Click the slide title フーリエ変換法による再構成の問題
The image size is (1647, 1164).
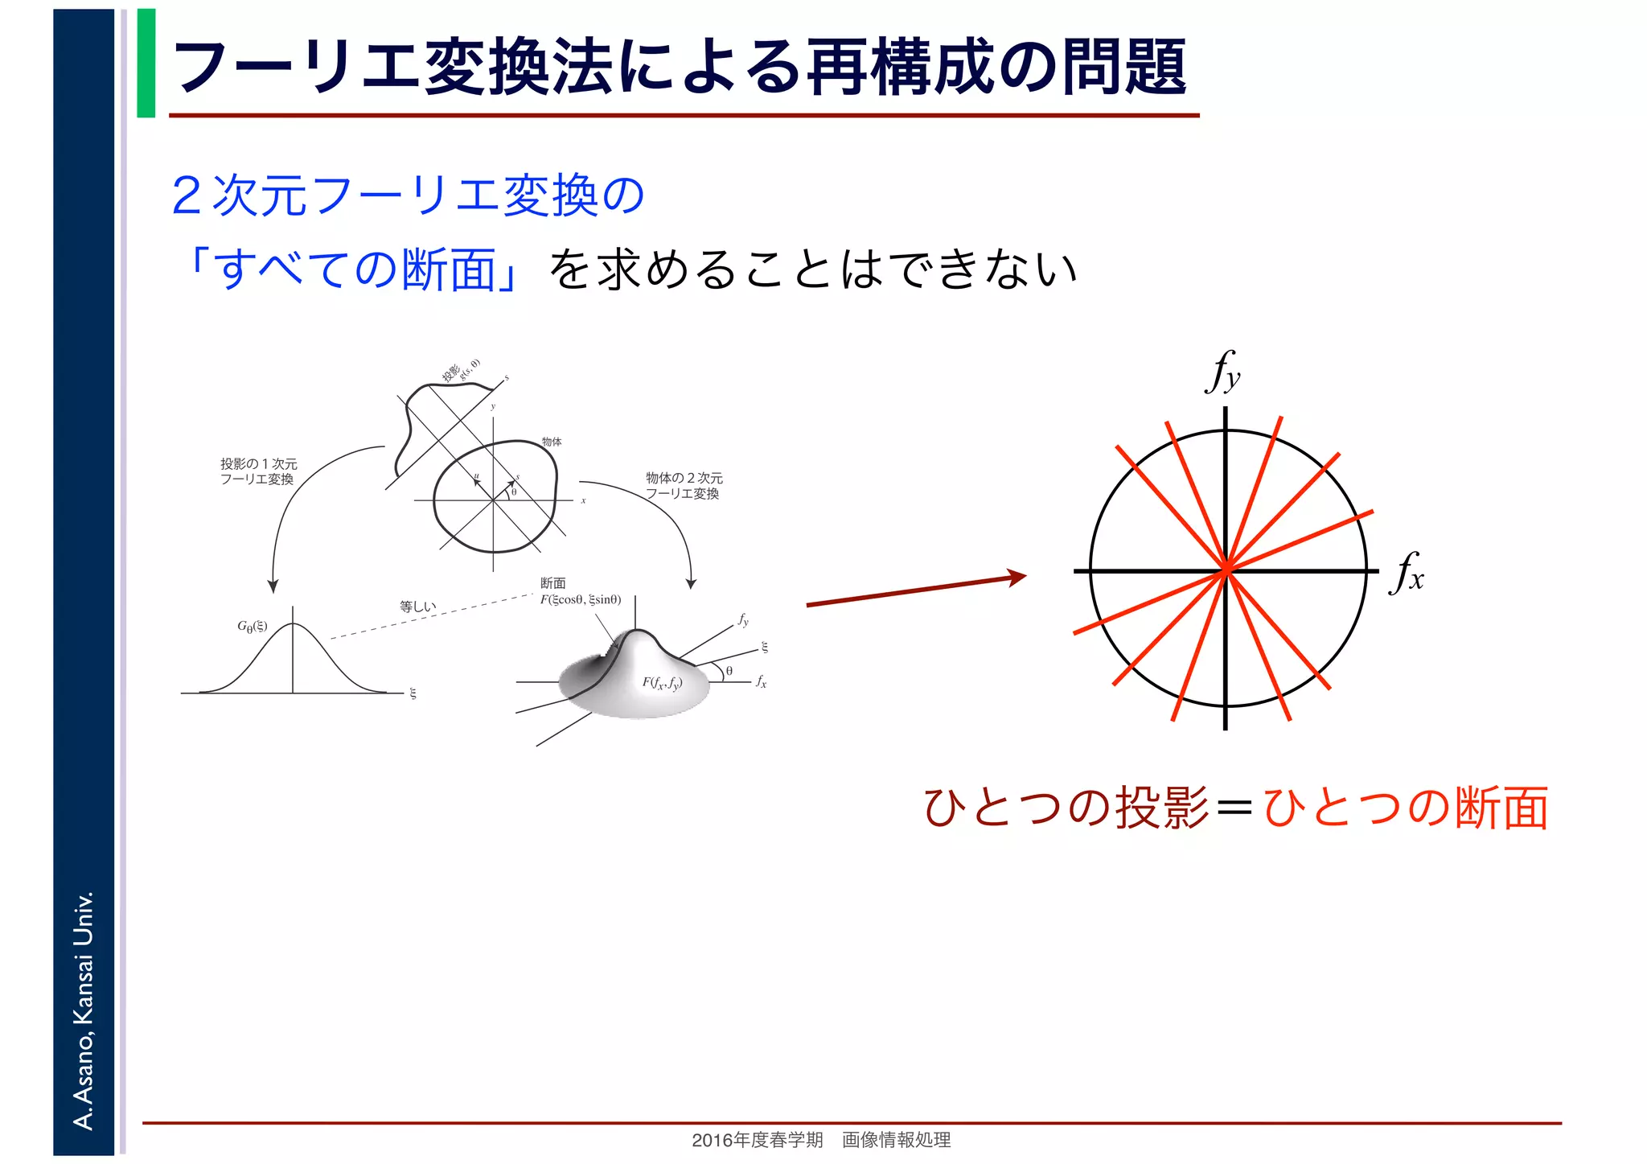pyautogui.click(x=680, y=66)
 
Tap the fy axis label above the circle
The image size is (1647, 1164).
pyautogui.click(x=1222, y=372)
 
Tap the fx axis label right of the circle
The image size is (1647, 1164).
pyautogui.click(x=1406, y=573)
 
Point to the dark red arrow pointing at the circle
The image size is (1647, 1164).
pyautogui.click(x=917, y=590)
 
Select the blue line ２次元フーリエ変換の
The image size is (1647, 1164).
pyautogui.click(x=408, y=195)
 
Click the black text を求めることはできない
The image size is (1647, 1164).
pyautogui.click(x=812, y=269)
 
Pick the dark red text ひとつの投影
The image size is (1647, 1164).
pyautogui.click(x=1066, y=808)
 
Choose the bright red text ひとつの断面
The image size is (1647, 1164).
pyautogui.click(x=1406, y=808)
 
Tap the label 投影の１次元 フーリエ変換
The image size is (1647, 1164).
pyautogui.click(x=258, y=471)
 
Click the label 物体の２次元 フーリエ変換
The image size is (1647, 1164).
pyautogui.click(x=684, y=486)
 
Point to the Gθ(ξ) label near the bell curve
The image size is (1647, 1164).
pyautogui.click(x=252, y=627)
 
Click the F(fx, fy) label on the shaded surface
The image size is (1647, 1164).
pyautogui.click(x=661, y=684)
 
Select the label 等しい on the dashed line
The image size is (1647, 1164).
pyautogui.click(x=417, y=607)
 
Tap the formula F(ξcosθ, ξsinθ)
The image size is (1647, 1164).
pyautogui.click(x=580, y=599)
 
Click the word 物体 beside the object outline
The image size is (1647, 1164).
pyautogui.click(x=552, y=442)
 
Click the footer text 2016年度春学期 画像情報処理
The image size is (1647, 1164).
pyautogui.click(x=821, y=1140)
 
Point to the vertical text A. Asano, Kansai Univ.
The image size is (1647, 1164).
pyautogui.click(x=84, y=1010)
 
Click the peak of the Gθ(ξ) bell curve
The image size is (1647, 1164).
pyautogui.click(x=293, y=623)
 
